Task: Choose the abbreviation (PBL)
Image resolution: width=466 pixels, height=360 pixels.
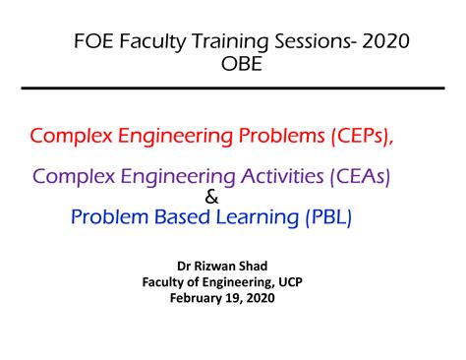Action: point(324,216)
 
